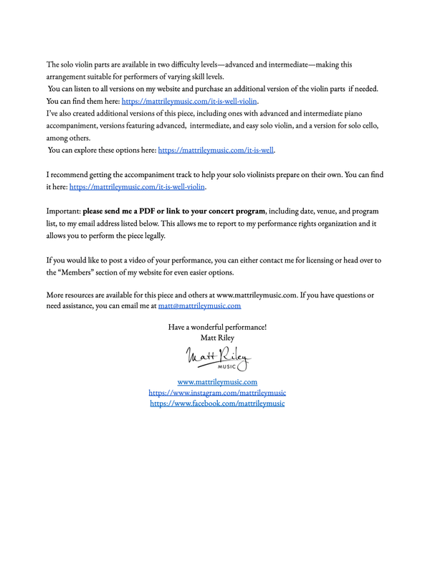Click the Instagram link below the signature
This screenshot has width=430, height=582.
click(217, 393)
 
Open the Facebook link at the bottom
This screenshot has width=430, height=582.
click(217, 404)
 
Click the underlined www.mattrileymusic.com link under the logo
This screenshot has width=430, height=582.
click(217, 382)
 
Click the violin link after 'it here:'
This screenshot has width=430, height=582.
click(137, 186)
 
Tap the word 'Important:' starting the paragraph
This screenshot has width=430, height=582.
click(63, 211)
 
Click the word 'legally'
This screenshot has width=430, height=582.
click(153, 235)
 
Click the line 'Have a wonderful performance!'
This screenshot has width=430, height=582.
click(217, 327)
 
